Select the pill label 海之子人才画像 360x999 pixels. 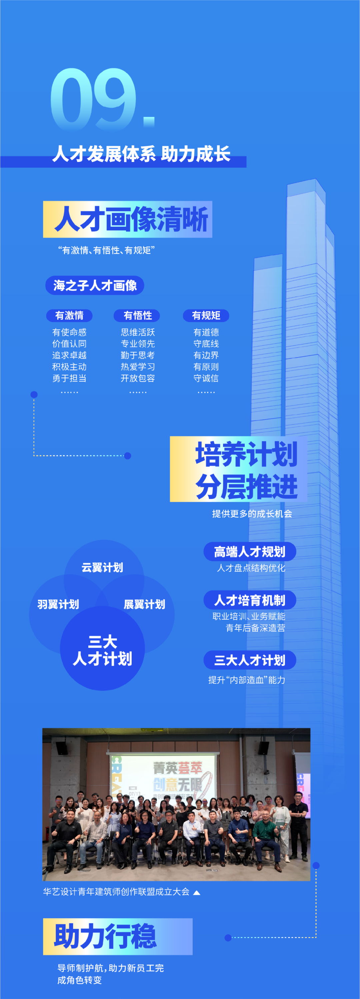point(95,285)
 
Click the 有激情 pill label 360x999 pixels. point(69,315)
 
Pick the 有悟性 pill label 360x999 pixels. point(137,315)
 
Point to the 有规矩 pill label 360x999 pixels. point(206,315)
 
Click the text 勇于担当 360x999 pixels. point(69,378)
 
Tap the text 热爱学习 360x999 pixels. point(138,366)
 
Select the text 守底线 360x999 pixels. point(206,344)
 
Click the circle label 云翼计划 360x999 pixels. point(102,567)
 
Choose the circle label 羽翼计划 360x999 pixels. point(58,604)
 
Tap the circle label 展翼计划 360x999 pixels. point(144,604)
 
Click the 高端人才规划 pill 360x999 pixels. point(249,551)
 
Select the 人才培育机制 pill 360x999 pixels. point(249,600)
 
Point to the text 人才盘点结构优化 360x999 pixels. point(251,568)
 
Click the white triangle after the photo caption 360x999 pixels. point(197,892)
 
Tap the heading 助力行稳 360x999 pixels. point(106,936)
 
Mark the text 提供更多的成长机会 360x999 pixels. point(252,514)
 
